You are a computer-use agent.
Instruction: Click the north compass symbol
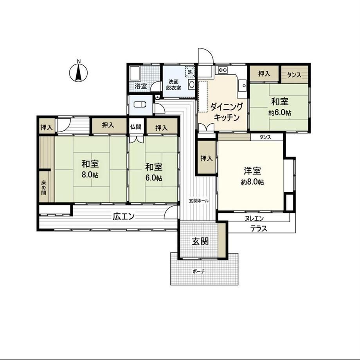[79, 72]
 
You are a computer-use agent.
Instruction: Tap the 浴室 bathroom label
[141, 86]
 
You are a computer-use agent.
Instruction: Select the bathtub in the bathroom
[134, 74]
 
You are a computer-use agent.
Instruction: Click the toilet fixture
[140, 104]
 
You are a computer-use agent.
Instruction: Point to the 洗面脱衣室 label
[174, 85]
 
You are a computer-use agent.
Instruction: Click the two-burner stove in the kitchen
[222, 69]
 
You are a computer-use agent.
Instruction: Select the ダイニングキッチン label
[227, 112]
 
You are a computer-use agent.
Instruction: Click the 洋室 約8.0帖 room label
[252, 176]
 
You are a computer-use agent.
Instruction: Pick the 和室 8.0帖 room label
[90, 169]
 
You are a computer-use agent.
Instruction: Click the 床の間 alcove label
[43, 187]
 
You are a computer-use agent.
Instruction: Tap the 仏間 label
[135, 127]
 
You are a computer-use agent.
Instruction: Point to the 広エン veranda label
[124, 216]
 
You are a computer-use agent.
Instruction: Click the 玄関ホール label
[199, 201]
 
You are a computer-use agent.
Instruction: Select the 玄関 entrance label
[200, 241]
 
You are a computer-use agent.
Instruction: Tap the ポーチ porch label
[199, 272]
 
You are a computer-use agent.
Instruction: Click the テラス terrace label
[259, 229]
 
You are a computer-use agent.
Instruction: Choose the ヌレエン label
[254, 218]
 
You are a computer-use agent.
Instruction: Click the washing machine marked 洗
[190, 71]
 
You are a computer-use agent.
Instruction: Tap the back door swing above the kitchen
[206, 56]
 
